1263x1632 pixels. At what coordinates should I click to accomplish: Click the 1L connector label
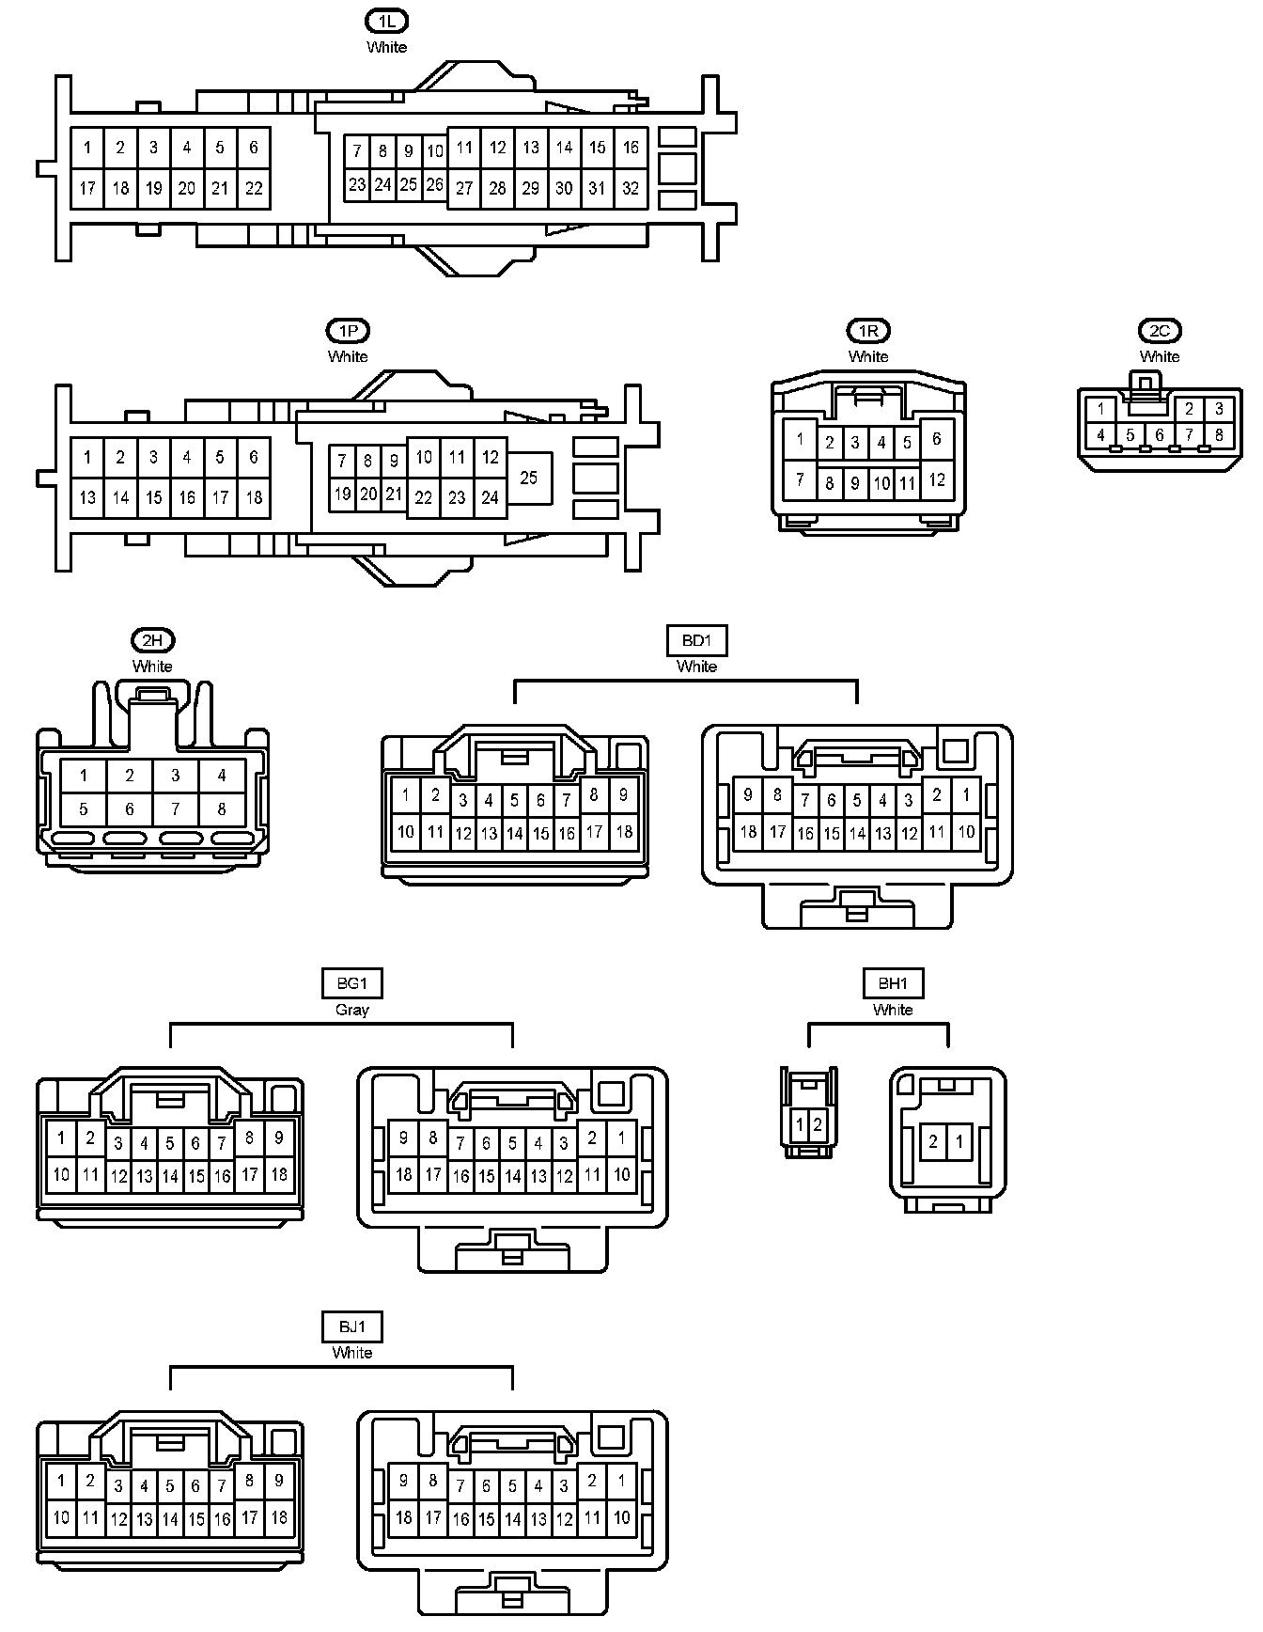[386, 21]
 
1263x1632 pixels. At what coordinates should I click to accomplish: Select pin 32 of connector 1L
[631, 188]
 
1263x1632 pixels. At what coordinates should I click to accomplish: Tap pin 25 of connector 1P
[529, 478]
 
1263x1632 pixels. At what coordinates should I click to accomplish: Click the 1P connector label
[348, 330]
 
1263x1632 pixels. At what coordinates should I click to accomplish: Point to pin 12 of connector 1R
[937, 479]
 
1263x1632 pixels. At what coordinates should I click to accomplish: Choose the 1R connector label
[868, 330]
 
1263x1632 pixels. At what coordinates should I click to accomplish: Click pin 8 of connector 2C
[1219, 435]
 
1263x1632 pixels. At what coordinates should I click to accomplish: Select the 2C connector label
[1160, 330]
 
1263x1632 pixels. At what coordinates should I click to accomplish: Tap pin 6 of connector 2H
[130, 808]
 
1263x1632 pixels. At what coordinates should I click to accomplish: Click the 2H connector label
[152, 640]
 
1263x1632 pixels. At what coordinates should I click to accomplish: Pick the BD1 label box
[696, 641]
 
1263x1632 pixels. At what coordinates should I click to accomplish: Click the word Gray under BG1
[352, 1010]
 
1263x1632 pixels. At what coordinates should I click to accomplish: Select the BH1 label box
[893, 983]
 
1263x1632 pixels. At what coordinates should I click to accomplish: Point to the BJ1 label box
[352, 1326]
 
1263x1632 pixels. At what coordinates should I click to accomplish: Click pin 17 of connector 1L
[87, 188]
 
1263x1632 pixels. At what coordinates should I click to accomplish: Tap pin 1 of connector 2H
[84, 776]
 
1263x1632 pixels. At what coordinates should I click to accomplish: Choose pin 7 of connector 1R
[800, 479]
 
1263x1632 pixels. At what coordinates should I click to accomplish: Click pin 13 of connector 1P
[87, 497]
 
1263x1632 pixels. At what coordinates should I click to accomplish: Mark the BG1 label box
[352, 983]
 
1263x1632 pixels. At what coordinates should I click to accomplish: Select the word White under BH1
[893, 1010]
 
